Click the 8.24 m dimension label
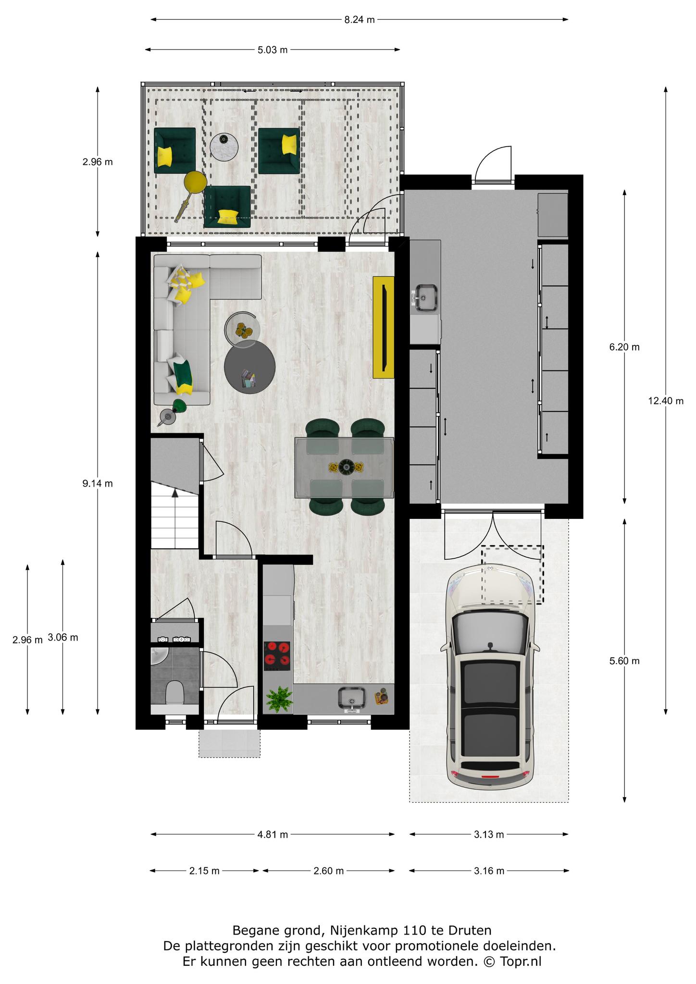coord(359,20)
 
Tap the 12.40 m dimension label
coord(666,401)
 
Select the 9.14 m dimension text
coord(98,483)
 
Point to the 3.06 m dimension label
coord(63,638)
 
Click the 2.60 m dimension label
coord(328,871)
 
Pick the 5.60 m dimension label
coord(624,661)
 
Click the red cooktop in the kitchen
coord(277,656)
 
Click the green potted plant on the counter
coord(279,699)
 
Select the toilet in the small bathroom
coord(174,693)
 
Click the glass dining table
coord(344,467)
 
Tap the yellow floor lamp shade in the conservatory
coord(196,182)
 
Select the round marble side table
coord(225,145)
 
